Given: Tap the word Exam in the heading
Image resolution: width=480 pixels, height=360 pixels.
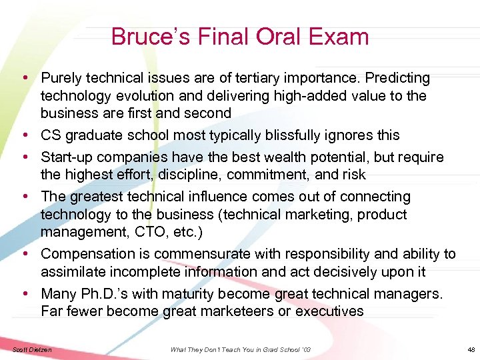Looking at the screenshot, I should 338,36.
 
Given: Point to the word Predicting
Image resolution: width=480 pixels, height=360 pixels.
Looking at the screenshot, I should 394,79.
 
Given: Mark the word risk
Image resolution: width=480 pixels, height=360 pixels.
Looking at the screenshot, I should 352,175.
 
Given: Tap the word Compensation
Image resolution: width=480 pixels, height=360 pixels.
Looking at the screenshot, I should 90,254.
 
